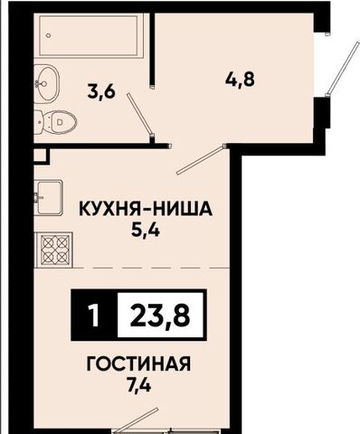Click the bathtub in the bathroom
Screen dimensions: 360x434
(89, 36)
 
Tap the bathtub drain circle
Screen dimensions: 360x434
(49, 35)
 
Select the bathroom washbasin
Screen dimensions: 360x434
(46, 82)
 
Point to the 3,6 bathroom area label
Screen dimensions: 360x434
(101, 91)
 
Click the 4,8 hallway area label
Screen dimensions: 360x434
(240, 79)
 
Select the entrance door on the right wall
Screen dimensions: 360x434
(344, 68)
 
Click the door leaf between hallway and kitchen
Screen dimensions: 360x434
(201, 160)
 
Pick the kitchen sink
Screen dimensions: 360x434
(48, 197)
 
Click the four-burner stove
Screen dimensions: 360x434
(54, 250)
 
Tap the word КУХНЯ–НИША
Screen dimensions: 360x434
(146, 209)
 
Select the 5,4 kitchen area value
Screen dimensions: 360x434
(146, 231)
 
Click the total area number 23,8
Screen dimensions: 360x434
(160, 316)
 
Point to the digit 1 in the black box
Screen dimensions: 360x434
(95, 316)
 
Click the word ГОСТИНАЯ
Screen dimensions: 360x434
(138, 363)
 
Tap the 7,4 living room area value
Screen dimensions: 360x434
(138, 385)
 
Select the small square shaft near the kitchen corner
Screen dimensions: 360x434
(41, 156)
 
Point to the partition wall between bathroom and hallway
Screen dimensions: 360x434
(152, 50)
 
